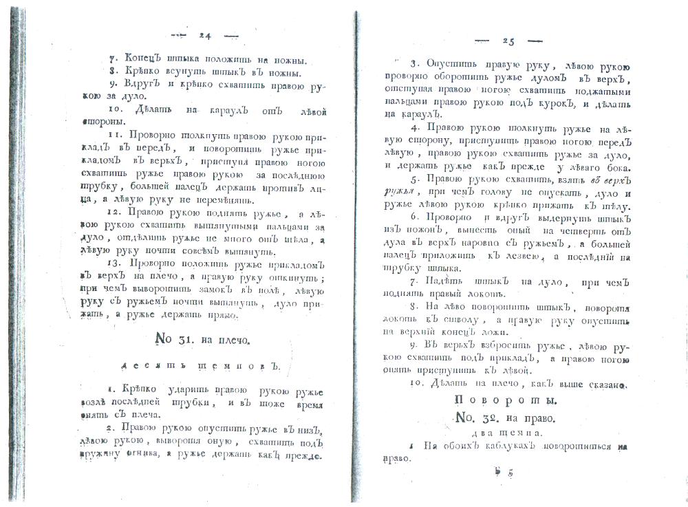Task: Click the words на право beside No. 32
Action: click(x=535, y=418)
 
